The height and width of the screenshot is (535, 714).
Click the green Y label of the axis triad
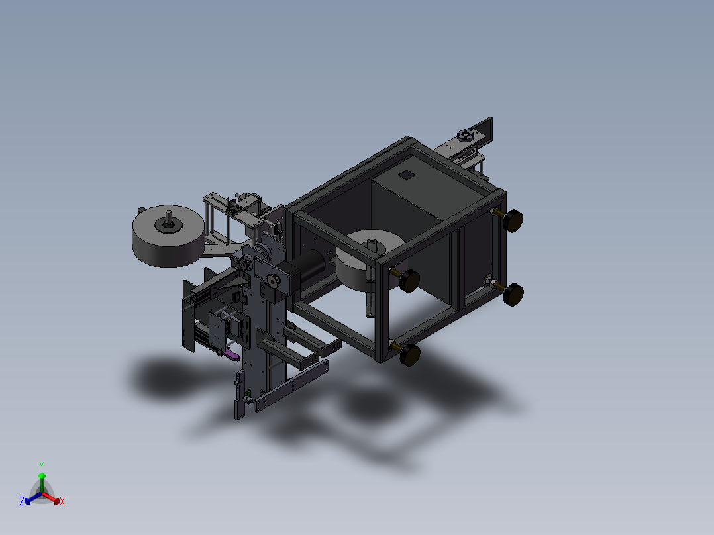pos(42,465)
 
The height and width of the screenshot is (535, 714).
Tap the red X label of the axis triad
pos(62,501)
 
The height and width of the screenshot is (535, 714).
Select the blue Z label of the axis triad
pos(21,501)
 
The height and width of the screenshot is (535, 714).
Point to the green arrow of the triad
pos(42,482)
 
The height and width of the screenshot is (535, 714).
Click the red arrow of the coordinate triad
pos(51,498)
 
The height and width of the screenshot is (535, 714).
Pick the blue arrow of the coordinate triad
pos(33,498)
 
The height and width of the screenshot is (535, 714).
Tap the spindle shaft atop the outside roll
pos(168,217)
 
